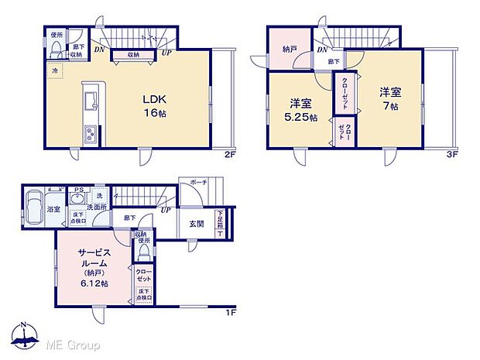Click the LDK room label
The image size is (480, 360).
[x=153, y=99]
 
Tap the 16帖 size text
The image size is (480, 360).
[x=153, y=113]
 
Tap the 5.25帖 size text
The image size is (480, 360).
[x=302, y=118]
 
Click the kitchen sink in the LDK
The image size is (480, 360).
[x=87, y=101]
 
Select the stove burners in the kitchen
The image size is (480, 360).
[x=89, y=135]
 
